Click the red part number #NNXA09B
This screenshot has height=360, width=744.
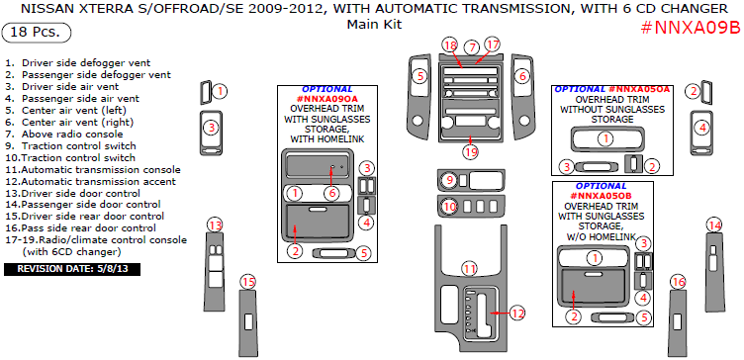(691, 28)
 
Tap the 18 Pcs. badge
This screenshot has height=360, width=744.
(37, 33)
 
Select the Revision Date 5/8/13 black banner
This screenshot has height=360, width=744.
(72, 269)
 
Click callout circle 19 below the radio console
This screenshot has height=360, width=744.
(471, 151)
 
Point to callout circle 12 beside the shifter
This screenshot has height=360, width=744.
(517, 314)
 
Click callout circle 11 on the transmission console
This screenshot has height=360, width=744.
(470, 269)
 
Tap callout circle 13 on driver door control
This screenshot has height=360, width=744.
(216, 225)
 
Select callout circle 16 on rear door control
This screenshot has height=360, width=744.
(679, 282)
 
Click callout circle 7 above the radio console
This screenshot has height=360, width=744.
(472, 47)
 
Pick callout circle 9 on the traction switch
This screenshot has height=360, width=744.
(450, 180)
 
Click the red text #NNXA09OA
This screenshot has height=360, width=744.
(326, 99)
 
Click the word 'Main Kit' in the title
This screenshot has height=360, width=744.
(374, 24)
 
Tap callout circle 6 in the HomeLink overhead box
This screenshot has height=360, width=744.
(332, 193)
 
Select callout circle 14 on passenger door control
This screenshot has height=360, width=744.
(714, 225)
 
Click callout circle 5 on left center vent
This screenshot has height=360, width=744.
(420, 76)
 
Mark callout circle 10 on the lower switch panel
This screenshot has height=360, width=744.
(450, 207)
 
